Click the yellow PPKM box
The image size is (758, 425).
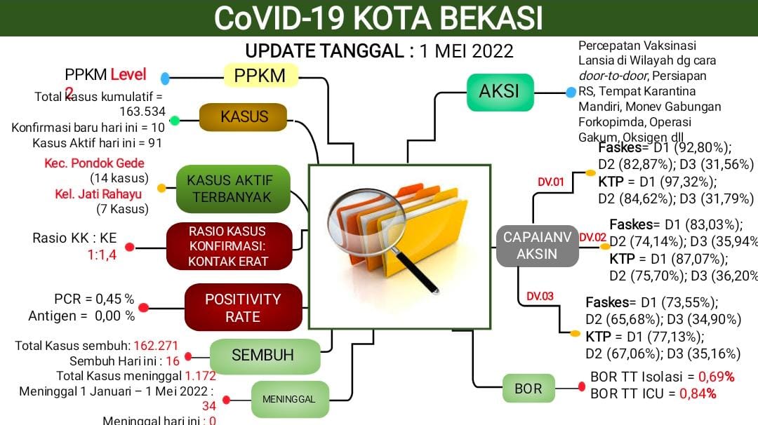tap(260, 76)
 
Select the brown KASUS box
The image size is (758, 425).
tap(244, 117)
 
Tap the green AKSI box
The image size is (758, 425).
tap(500, 92)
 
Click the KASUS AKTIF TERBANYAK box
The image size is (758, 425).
tap(232, 189)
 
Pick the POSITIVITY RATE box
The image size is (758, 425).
tap(243, 308)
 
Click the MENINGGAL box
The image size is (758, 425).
tap(289, 399)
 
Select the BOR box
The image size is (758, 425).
tap(528, 389)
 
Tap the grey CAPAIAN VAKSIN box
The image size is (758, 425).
tap(537, 246)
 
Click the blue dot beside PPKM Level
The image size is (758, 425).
tap(166, 78)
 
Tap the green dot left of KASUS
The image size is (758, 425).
tap(175, 121)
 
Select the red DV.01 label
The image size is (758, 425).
tap(551, 182)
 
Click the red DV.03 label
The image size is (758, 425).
tap(540, 296)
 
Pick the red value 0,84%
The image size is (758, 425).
tap(698, 393)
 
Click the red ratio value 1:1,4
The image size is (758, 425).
tap(102, 255)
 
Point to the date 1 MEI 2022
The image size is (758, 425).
tap(466, 51)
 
